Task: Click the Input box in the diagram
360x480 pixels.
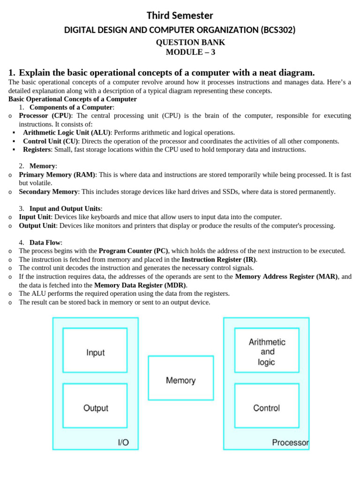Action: (95, 350)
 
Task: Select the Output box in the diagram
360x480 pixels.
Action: (95, 405)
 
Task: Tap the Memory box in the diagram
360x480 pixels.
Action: (180, 380)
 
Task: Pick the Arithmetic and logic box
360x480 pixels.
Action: (266, 350)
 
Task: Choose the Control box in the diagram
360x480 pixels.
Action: (266, 405)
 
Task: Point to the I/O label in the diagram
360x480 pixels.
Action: (123, 442)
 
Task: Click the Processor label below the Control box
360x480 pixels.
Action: (290, 442)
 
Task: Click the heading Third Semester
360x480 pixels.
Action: (180, 16)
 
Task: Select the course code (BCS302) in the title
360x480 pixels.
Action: (278, 30)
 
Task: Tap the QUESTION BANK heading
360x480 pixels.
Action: (190, 42)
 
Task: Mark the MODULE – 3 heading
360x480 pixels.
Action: (190, 52)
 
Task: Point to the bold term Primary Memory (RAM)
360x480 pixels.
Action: (57, 175)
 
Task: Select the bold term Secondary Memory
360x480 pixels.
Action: (48, 192)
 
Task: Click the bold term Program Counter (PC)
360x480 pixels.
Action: (133, 251)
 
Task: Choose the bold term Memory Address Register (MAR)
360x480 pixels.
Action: (286, 277)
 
